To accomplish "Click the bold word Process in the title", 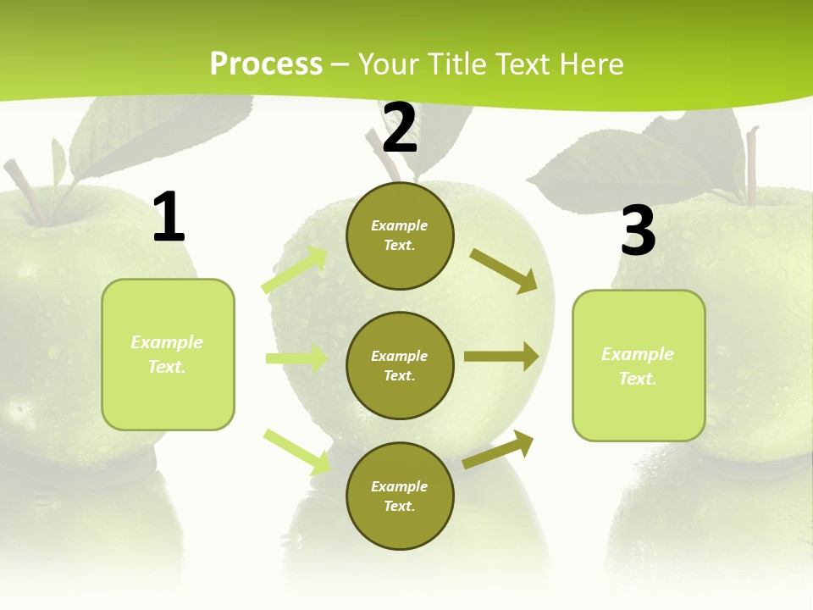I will pyautogui.click(x=266, y=64).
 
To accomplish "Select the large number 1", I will pyautogui.click(x=169, y=218).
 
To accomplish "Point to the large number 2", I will pyautogui.click(x=400, y=128).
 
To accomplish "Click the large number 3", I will pyautogui.click(x=638, y=230).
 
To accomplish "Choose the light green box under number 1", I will pyautogui.click(x=168, y=354).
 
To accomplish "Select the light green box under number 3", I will pyautogui.click(x=639, y=366).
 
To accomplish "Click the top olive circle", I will pyautogui.click(x=400, y=236).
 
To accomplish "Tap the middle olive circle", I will pyautogui.click(x=400, y=365).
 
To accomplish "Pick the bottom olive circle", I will pyautogui.click(x=400, y=496).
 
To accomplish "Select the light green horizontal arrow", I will pyautogui.click(x=296, y=358).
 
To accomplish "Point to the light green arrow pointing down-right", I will pyautogui.click(x=297, y=452).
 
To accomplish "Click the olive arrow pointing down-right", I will pyautogui.click(x=504, y=270).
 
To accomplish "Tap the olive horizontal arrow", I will pyautogui.click(x=501, y=357).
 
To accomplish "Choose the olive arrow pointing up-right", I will pyautogui.click(x=499, y=449).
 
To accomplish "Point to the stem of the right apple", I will pyautogui.click(x=751, y=165).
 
